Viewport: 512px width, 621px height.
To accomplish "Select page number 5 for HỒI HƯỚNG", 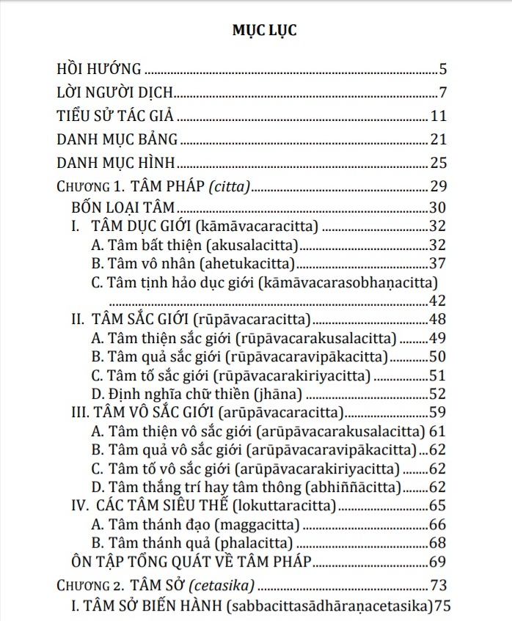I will [x=443, y=70].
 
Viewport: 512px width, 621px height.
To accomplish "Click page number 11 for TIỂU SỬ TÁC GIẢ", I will [x=439, y=117].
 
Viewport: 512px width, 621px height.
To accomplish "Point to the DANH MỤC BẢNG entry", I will [x=117, y=139].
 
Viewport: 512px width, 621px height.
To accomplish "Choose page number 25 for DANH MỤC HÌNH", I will [x=439, y=163].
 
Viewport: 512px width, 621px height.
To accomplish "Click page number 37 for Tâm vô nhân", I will [x=439, y=262].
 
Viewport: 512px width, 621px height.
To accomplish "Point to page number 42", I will [x=439, y=300].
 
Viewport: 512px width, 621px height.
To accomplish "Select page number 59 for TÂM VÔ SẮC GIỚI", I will [x=439, y=413].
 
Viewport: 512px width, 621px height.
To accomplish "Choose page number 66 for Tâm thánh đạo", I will [x=439, y=525].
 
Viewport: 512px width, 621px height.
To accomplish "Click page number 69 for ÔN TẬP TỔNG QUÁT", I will [x=439, y=562].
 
